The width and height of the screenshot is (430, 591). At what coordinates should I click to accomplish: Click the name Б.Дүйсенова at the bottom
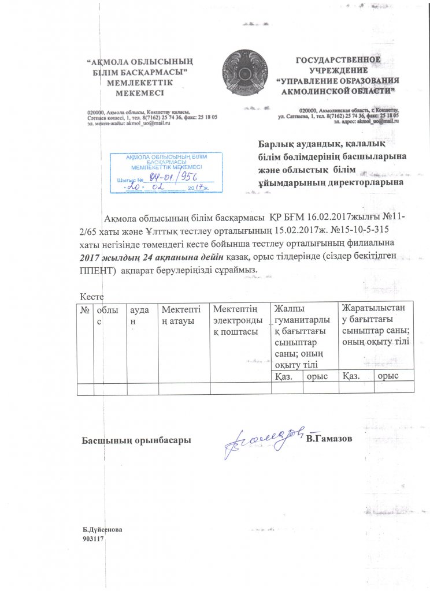(102, 529)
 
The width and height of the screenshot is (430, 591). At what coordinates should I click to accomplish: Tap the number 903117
(92, 538)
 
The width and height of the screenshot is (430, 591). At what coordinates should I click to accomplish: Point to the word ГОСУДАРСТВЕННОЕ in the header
(338, 60)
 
